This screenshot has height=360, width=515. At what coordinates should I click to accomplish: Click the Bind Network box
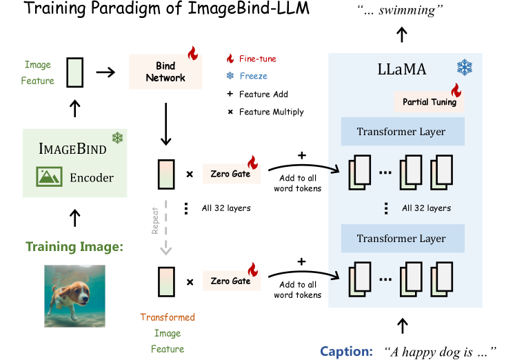[x=165, y=72]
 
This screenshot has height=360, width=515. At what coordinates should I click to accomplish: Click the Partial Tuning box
[x=429, y=103]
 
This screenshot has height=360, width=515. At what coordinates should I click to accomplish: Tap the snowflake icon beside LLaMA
[x=464, y=68]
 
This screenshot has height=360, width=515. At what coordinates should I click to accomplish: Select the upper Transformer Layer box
[x=401, y=132]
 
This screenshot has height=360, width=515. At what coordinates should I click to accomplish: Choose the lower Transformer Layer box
[x=401, y=239]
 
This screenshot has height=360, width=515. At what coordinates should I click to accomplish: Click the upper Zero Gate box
[x=230, y=174]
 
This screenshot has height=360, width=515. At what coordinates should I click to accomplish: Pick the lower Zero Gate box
[x=230, y=281]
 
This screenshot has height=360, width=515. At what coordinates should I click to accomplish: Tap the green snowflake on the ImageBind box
[x=117, y=138]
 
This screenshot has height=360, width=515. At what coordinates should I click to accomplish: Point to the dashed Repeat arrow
[x=165, y=227]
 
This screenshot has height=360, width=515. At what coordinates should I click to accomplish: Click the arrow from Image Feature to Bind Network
[x=105, y=72]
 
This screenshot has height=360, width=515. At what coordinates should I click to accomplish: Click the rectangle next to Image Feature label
[x=74, y=72]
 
